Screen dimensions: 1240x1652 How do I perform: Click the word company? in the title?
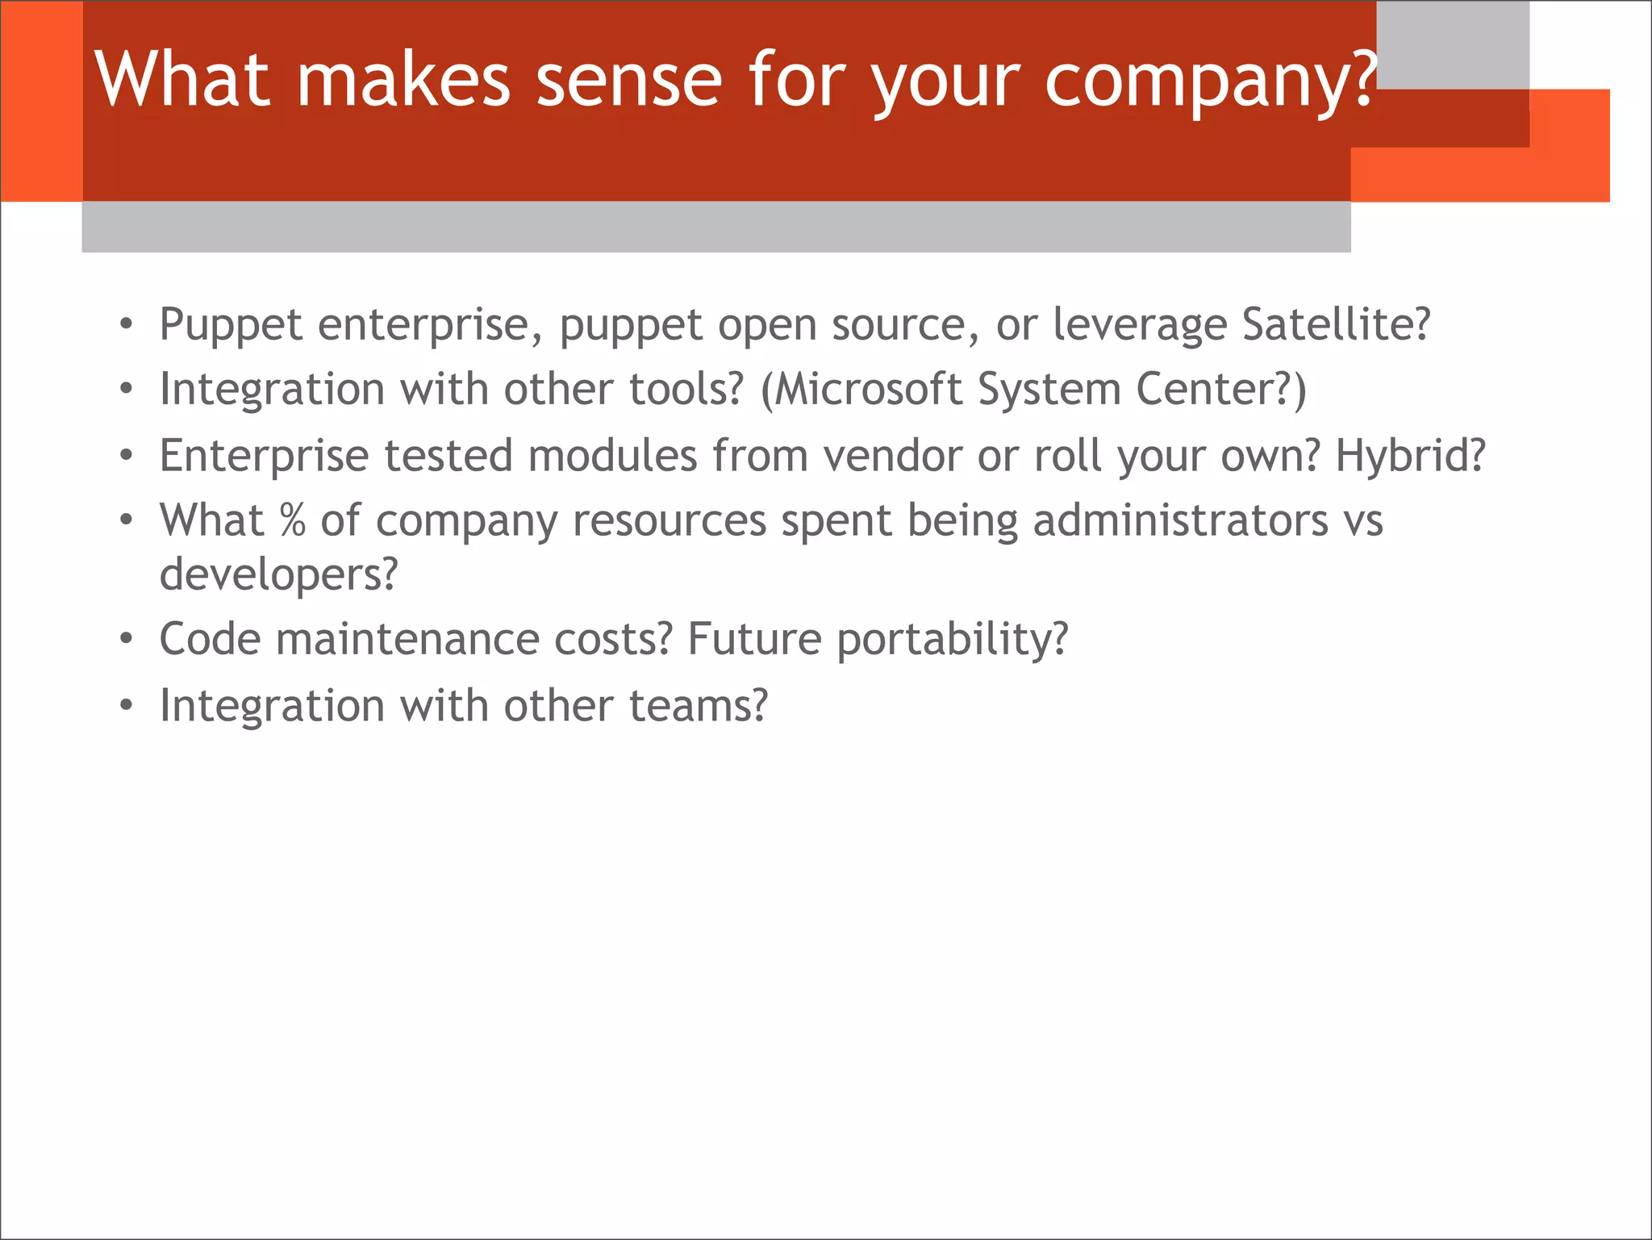point(1210,81)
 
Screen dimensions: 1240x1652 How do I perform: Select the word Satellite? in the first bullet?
point(1336,324)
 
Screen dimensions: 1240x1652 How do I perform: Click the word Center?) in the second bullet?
point(1220,390)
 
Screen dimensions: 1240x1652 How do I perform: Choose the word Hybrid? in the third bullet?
point(1410,456)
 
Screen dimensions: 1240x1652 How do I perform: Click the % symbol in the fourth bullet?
point(293,520)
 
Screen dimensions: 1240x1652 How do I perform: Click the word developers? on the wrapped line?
point(278,575)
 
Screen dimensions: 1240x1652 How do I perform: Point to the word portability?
point(952,640)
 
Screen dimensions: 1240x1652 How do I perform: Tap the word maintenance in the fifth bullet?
point(407,640)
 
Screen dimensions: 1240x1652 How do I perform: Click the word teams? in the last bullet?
point(699,706)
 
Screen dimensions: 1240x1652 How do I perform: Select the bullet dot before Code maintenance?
point(126,640)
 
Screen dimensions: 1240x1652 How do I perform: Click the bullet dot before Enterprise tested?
point(126,457)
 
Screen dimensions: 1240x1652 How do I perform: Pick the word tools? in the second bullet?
point(686,390)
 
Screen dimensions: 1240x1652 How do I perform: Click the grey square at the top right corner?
point(1452,44)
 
